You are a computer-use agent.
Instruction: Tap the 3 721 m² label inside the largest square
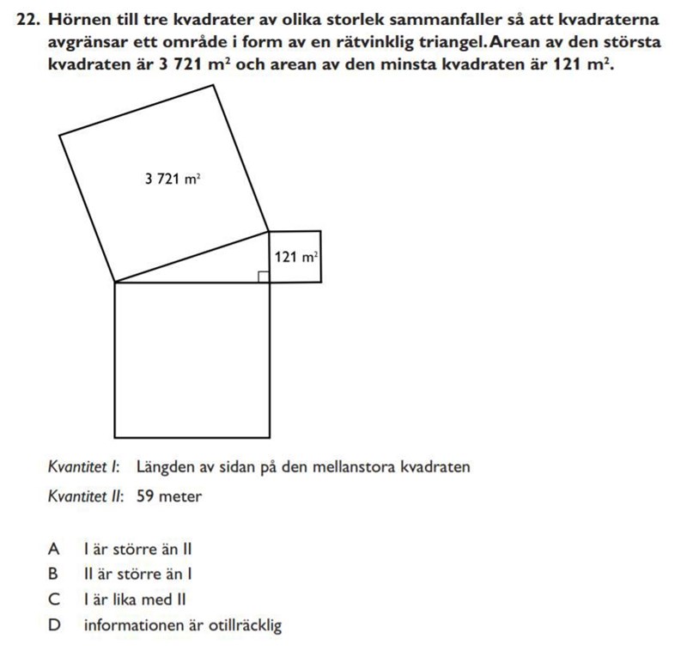click(173, 179)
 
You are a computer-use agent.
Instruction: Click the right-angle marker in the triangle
click(264, 276)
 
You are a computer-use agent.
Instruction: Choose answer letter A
click(54, 548)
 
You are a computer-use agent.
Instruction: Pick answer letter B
click(54, 574)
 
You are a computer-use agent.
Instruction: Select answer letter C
click(54, 599)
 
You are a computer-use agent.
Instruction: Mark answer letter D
click(54, 625)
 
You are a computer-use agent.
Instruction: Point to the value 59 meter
click(169, 496)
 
